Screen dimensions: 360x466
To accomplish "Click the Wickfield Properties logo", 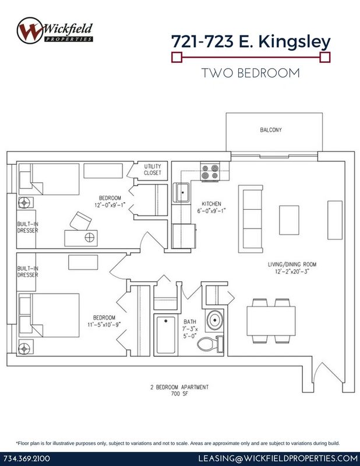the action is [55, 31].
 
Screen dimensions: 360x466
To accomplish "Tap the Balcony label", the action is [271, 130].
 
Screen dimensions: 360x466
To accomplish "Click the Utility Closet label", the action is [153, 170].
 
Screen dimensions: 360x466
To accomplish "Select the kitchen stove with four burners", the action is [210, 172].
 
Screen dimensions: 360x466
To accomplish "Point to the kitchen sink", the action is [181, 193].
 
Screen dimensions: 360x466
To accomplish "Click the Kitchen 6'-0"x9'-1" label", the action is [211, 207].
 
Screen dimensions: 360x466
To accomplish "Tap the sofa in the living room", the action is [250, 219].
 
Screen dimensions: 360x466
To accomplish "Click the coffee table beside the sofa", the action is [289, 220].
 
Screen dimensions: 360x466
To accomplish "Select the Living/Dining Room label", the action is [292, 267].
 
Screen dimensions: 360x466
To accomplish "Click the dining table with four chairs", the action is [271, 321].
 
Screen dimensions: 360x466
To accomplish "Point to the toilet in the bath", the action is [210, 344].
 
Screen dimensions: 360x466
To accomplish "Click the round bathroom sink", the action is [214, 320].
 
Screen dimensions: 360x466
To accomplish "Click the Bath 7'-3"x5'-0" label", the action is [190, 329].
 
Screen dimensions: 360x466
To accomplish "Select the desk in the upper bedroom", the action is [81, 238].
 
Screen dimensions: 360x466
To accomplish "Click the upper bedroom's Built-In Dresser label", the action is [27, 227].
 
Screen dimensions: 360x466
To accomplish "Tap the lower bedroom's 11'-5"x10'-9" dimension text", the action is [104, 324].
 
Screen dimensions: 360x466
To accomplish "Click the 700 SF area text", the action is [179, 394].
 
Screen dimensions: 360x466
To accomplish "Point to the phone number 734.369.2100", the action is [27, 458].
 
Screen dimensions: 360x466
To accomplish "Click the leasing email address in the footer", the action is [278, 458].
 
